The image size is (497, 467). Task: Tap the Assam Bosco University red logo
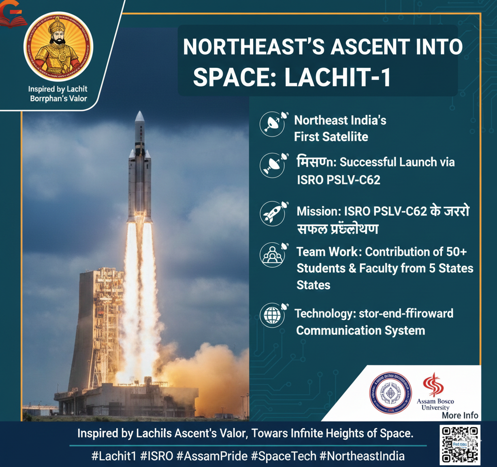433,385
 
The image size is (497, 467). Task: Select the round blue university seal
389,393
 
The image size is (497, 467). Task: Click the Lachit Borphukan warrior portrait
58,46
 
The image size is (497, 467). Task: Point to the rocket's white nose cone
139,118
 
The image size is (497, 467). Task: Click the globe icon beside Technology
272,316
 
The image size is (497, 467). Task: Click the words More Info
460,415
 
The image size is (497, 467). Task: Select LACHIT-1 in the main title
338,78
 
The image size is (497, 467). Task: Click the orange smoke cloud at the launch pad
207,372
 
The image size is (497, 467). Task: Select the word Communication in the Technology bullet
339,330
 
